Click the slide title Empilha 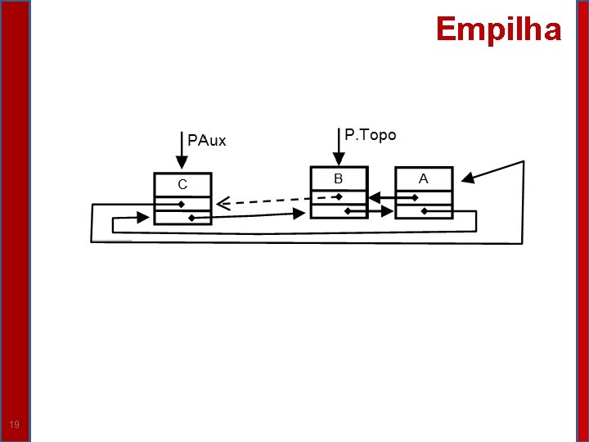498,29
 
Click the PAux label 207,140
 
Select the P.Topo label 370,135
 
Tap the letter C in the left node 182,184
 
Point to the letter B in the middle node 338,178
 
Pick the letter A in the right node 423,178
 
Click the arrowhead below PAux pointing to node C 182,163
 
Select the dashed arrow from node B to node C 278,201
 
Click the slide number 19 14,425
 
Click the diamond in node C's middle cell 182,204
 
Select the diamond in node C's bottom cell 191,218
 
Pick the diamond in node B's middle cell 338,197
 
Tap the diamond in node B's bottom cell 348,211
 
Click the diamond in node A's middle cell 415,197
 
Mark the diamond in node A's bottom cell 424,211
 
